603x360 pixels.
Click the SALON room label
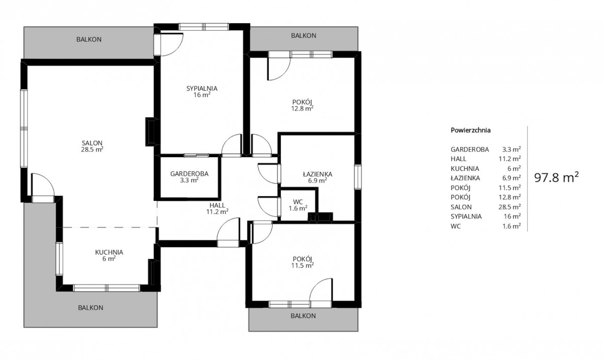(92, 143)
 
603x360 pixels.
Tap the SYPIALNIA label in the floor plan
(202, 88)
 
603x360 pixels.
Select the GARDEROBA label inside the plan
(189, 174)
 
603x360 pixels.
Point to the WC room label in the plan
(297, 202)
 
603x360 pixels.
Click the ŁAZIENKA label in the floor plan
(318, 174)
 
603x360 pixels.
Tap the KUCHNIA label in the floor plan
(109, 252)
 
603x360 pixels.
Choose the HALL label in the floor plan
(217, 205)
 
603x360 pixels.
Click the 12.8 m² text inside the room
(303, 108)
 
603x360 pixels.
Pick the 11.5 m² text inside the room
(303, 266)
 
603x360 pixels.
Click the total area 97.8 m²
(556, 178)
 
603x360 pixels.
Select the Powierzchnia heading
(470, 130)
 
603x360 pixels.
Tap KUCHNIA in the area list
(465, 169)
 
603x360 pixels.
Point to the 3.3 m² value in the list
(512, 149)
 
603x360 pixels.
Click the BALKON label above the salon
(89, 39)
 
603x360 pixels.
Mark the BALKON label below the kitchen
(91, 308)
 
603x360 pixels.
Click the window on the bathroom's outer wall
(358, 177)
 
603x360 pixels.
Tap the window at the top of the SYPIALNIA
(204, 27)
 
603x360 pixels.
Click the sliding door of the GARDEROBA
(196, 155)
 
